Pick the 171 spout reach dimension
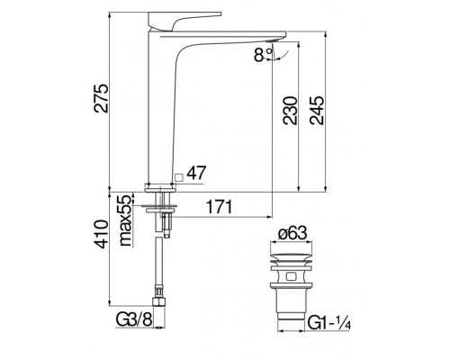tap(221, 207)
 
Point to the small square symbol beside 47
tap(180, 178)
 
